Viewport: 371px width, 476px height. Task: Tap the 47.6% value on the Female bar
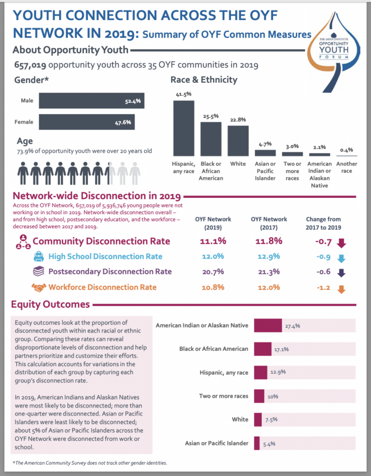tap(123, 122)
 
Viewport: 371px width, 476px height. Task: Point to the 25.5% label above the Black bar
tap(210, 116)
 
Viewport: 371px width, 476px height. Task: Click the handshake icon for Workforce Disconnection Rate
tap(38, 287)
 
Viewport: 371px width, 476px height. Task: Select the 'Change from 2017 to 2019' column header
tap(323, 223)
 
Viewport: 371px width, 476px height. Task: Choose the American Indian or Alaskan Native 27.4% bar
tap(268, 325)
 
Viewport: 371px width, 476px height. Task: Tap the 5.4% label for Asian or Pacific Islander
tap(269, 443)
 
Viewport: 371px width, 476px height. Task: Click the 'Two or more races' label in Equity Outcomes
tap(223, 396)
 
